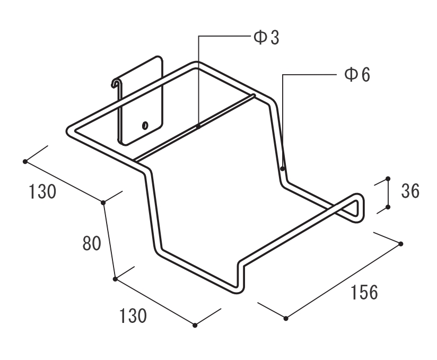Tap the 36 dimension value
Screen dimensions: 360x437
pyautogui.click(x=410, y=191)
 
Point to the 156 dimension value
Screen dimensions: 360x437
pyautogui.click(x=363, y=292)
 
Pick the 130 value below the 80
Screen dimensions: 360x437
pyautogui.click(x=132, y=317)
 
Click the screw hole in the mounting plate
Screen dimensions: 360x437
pyautogui.click(x=145, y=126)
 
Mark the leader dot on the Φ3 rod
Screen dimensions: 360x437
pyautogui.click(x=198, y=126)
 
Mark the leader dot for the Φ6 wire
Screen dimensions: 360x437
pyautogui.click(x=283, y=169)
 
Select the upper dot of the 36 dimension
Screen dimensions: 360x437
pyautogui.click(x=388, y=179)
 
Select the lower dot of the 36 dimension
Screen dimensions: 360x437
pyautogui.click(x=388, y=207)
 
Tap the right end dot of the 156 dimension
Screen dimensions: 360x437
pyautogui.click(x=400, y=243)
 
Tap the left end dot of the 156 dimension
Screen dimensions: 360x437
pyautogui.click(x=286, y=318)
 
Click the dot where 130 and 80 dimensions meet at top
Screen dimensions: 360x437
pyautogui.click(x=103, y=202)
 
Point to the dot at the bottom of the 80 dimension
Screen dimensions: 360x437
pyautogui.click(x=115, y=278)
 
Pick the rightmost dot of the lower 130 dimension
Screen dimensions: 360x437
pyautogui.click(x=195, y=325)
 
